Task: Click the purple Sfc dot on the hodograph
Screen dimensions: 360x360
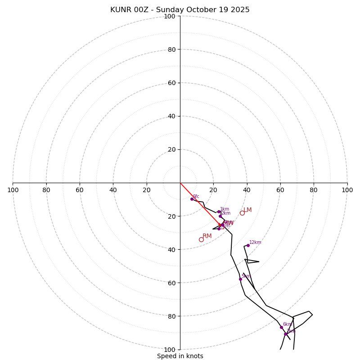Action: pos(192,199)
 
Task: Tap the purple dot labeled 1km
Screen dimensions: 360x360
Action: pos(219,211)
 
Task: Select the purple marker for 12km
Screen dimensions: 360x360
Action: pos(247,245)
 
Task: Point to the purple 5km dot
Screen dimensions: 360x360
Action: pos(240,279)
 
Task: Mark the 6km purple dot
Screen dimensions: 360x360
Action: pos(281,327)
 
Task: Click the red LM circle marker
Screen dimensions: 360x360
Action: pos(242,213)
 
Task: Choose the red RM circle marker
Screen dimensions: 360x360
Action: pos(201,239)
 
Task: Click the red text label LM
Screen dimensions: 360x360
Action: pos(247,210)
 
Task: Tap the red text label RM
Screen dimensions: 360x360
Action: pos(207,236)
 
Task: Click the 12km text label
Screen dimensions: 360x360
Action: pos(255,243)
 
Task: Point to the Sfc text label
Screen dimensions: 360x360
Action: pos(196,197)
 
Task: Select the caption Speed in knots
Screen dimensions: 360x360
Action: pos(180,356)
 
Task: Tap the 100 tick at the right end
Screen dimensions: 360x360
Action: pos(347,190)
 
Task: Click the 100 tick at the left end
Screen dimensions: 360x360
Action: pos(13,190)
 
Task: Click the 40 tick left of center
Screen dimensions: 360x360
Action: pos(113,190)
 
